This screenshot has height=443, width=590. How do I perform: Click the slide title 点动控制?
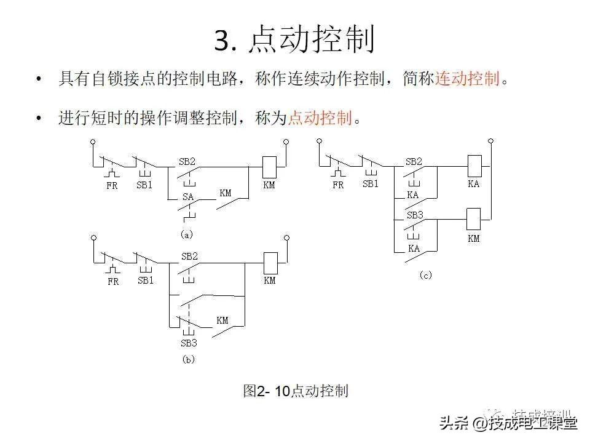(x=294, y=41)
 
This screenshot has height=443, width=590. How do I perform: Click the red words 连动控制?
(x=467, y=79)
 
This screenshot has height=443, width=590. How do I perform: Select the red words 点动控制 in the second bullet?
(x=320, y=118)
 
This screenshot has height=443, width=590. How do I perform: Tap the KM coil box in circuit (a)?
(x=269, y=167)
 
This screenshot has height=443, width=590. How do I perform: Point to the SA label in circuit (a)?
(x=187, y=197)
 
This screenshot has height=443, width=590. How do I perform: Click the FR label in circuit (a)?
(x=112, y=185)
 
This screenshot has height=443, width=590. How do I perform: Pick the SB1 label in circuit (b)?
(x=146, y=281)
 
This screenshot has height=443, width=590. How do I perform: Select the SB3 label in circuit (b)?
(x=189, y=343)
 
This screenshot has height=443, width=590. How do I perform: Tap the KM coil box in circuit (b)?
(x=270, y=262)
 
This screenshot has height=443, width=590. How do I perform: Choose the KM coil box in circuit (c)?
(x=474, y=219)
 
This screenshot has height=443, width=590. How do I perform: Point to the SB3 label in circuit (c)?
(x=415, y=216)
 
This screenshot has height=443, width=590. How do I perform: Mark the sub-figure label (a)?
(x=187, y=234)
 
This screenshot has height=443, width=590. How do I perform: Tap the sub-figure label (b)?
(x=188, y=359)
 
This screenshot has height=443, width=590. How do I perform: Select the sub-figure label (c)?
(x=425, y=276)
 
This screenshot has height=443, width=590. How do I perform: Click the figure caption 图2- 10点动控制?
(x=296, y=391)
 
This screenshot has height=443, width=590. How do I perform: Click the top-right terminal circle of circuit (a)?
(x=286, y=142)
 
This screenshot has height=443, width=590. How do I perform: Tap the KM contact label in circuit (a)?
(x=226, y=193)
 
